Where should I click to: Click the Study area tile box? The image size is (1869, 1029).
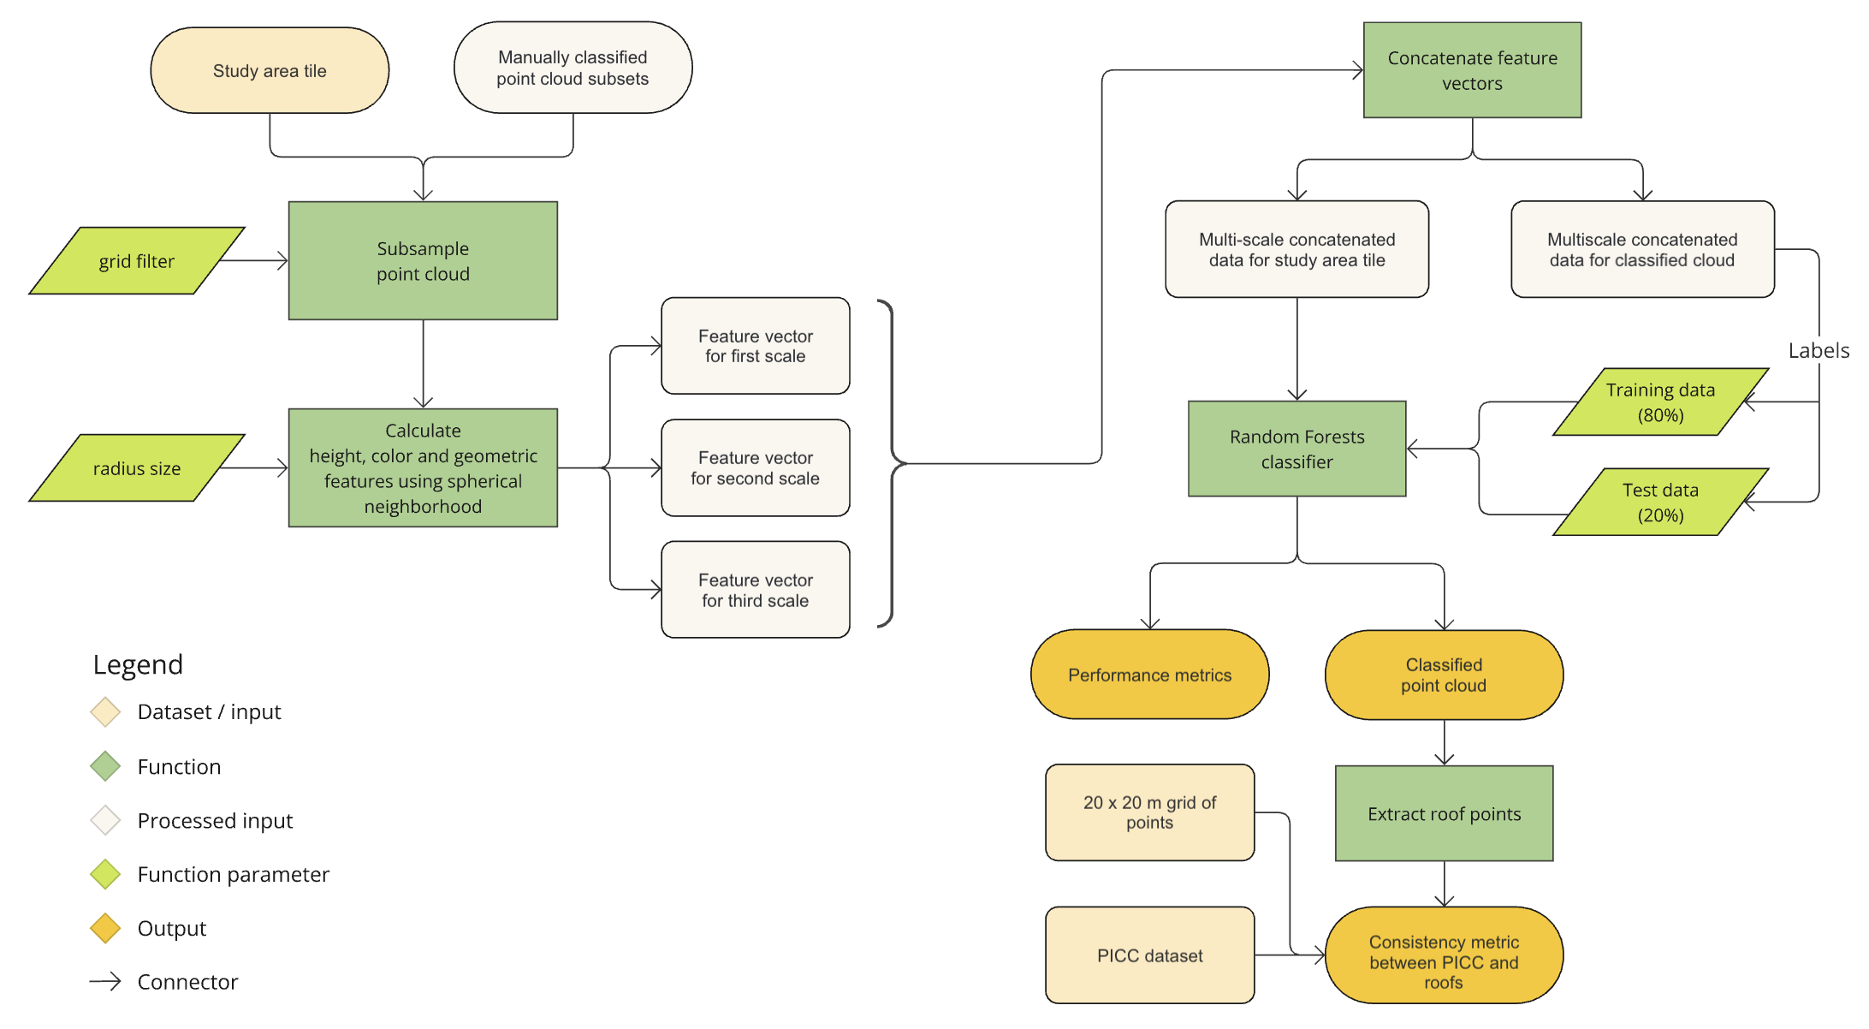(x=270, y=70)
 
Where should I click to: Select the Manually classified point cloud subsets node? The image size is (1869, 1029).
(x=573, y=68)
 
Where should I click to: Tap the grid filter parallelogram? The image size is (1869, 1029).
(x=137, y=261)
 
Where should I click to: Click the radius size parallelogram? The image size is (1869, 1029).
(x=137, y=468)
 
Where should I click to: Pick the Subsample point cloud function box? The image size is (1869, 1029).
(x=423, y=261)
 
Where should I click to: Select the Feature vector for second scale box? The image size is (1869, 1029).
(x=755, y=468)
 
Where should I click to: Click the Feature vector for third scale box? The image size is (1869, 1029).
(x=755, y=590)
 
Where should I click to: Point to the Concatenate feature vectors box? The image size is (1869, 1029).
(x=1472, y=70)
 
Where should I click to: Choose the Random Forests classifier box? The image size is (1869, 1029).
(x=1296, y=449)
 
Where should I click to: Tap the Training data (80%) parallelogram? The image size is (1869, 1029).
(x=1660, y=402)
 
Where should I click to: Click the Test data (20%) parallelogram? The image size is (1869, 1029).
(x=1660, y=503)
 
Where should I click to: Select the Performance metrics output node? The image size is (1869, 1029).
(x=1149, y=675)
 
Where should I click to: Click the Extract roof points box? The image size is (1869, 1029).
(x=1444, y=813)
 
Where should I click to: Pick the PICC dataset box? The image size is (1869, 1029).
(x=1149, y=955)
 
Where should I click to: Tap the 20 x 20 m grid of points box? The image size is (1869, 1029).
(x=1149, y=812)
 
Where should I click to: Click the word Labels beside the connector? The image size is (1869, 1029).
(x=1819, y=350)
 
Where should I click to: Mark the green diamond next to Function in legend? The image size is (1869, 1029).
(x=105, y=766)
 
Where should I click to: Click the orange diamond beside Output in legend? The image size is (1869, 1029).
(x=105, y=928)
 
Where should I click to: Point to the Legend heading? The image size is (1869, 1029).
(x=138, y=664)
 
